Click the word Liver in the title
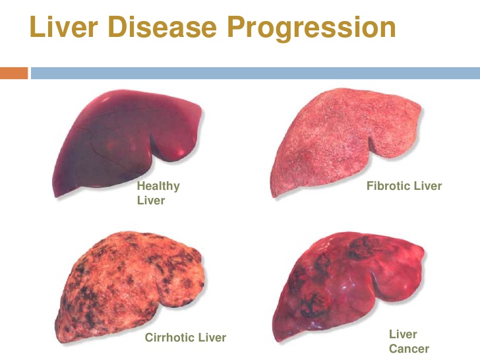[x=64, y=26]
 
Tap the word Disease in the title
[x=162, y=26]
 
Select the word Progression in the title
[x=311, y=29]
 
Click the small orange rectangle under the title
[x=14, y=73]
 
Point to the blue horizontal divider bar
[x=255, y=73]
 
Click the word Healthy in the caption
[x=158, y=187]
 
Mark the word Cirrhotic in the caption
[x=169, y=338]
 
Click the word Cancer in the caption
[x=409, y=349]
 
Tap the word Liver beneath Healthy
[x=151, y=200]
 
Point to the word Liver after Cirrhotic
[x=212, y=338]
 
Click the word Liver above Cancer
[x=403, y=334]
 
